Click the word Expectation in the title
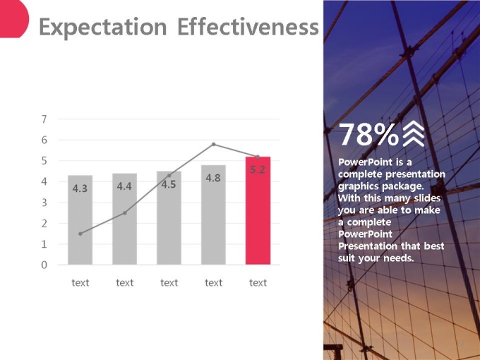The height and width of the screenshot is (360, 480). [x=102, y=28]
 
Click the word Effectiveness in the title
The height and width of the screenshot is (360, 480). [x=248, y=28]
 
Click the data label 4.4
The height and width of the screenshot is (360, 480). [x=124, y=186]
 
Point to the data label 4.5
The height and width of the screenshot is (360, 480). [x=169, y=184]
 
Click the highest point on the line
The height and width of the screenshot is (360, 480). [x=213, y=144]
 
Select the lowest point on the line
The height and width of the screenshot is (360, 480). [x=80, y=234]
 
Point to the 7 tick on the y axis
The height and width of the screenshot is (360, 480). [x=44, y=119]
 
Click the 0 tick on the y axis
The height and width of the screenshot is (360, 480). [x=44, y=265]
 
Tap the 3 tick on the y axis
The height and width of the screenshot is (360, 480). [x=44, y=203]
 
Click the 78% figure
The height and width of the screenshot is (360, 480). [x=368, y=133]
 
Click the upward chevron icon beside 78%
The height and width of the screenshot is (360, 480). [x=413, y=133]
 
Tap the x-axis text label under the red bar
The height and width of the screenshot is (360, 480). [x=258, y=282]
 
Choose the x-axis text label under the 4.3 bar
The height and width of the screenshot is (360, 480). [x=80, y=282]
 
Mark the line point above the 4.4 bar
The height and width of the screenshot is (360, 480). [x=124, y=212]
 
